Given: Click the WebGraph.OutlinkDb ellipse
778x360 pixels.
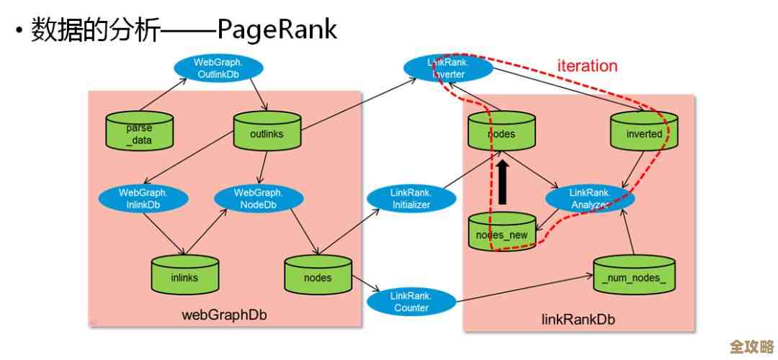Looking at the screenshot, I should pos(218,68).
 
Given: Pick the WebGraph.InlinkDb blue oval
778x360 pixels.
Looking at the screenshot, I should pos(143,199).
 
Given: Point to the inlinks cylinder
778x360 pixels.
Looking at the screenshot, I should pos(184,276).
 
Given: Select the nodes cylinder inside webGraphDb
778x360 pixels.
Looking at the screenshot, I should pos(318,276).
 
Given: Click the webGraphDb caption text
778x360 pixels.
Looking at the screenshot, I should pos(220,315).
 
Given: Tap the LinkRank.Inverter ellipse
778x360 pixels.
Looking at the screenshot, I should pos(449,68).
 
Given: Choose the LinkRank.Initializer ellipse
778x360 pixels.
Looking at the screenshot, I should pos(411,199).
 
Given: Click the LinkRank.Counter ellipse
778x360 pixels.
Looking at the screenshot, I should pos(410,302).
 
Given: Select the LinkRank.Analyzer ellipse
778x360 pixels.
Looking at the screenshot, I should pos(590,199).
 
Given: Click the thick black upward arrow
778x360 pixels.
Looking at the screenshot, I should pos(502,183).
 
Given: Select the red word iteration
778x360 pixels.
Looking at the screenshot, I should pos(587,66).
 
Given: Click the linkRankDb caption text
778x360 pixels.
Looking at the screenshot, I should pos(578,319).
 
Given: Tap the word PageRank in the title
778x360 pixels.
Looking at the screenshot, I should pos(277,30).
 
